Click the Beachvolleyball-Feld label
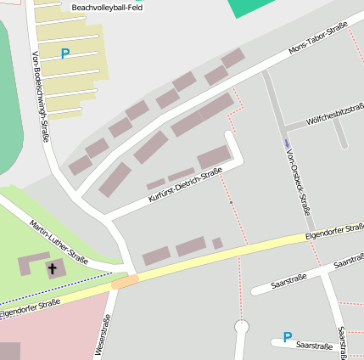(x=107, y=8)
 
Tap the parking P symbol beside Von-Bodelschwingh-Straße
(x=65, y=54)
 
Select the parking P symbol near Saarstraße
(x=288, y=337)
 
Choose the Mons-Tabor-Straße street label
(x=318, y=39)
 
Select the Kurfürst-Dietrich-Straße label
(x=184, y=185)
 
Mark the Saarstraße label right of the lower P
(x=316, y=346)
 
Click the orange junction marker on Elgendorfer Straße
(x=125, y=281)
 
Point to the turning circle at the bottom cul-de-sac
(x=242, y=325)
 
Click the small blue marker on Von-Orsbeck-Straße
(x=287, y=142)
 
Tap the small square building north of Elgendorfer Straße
(x=217, y=244)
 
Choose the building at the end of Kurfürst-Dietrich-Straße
(x=214, y=157)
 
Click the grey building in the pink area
(x=9, y=352)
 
